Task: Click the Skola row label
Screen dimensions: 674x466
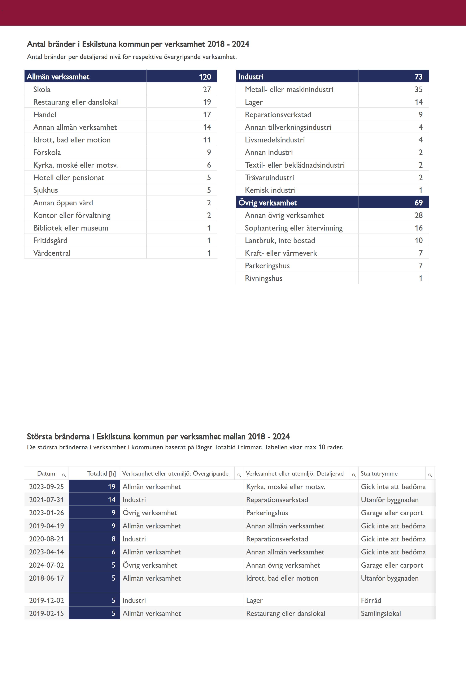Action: [42, 89]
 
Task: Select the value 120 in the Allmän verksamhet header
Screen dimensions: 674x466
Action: [205, 77]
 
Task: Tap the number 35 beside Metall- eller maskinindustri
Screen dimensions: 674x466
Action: [418, 89]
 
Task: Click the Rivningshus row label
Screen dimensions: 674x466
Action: [264, 278]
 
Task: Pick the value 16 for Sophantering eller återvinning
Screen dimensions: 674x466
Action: [418, 228]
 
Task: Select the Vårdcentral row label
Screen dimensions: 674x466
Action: [52, 253]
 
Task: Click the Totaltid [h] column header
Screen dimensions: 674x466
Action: [101, 473]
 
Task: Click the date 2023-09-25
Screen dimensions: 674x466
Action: [46, 487]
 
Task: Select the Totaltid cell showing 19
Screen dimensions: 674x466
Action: [112, 487]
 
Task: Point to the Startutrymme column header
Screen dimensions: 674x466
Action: [379, 473]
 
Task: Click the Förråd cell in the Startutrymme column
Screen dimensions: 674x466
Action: [371, 600]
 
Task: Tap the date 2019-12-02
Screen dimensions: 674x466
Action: [46, 600]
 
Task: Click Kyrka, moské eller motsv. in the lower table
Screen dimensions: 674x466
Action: [286, 487]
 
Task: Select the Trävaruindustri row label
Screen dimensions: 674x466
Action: [269, 178]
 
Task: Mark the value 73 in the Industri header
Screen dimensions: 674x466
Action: [418, 77]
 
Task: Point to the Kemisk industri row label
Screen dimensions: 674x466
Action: [270, 190]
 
